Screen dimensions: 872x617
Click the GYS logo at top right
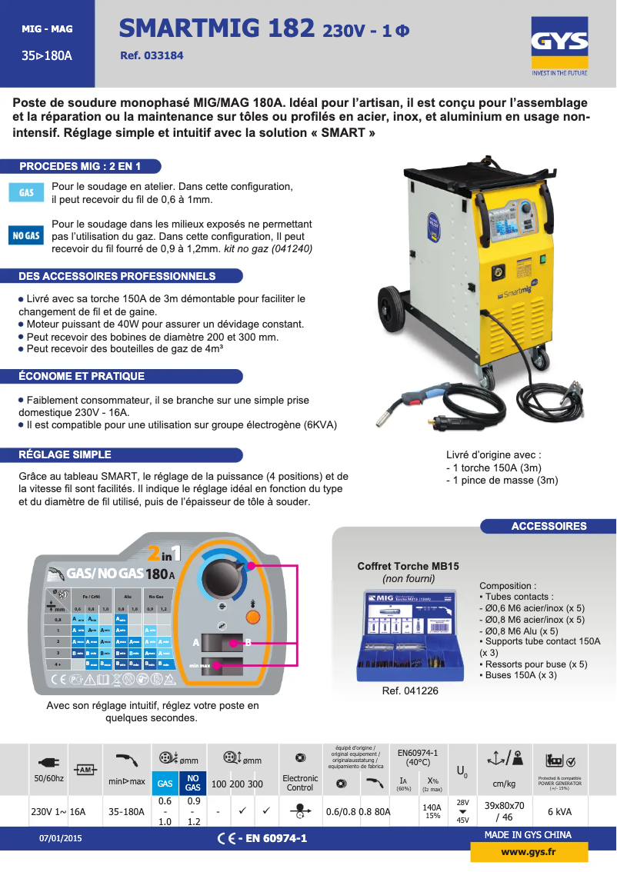pyautogui.click(x=559, y=48)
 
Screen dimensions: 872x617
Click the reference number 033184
pyautogui.click(x=152, y=56)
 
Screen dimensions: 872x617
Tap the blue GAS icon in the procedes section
pyautogui.click(x=26, y=192)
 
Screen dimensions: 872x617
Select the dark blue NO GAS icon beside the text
pyautogui.click(x=26, y=236)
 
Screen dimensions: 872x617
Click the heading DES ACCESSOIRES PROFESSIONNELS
pyautogui.click(x=117, y=276)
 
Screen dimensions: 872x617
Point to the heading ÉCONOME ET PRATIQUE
pyautogui.click(x=82, y=376)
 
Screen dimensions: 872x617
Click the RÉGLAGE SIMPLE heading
pyautogui.click(x=65, y=454)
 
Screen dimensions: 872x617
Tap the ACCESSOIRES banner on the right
pyautogui.click(x=549, y=526)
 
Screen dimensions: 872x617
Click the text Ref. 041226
pyautogui.click(x=410, y=691)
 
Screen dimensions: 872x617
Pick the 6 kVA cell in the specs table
pyautogui.click(x=559, y=812)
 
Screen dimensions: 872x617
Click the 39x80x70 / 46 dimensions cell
pyautogui.click(x=504, y=812)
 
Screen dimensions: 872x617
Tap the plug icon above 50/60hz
pyautogui.click(x=48, y=763)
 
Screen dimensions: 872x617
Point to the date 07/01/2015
pyautogui.click(x=60, y=838)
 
